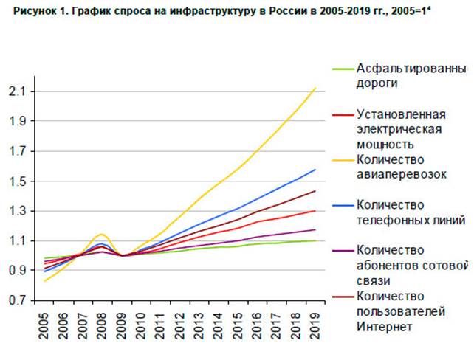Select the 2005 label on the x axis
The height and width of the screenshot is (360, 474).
click(x=46, y=324)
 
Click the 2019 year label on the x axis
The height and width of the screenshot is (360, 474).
click(x=316, y=324)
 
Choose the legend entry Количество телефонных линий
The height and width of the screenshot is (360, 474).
click(x=410, y=212)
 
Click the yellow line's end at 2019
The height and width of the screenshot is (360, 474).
click(x=316, y=89)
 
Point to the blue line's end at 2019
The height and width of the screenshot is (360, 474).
click(x=316, y=170)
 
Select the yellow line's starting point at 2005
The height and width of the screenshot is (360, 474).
click(x=45, y=281)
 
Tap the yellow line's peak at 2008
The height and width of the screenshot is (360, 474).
click(x=102, y=234)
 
